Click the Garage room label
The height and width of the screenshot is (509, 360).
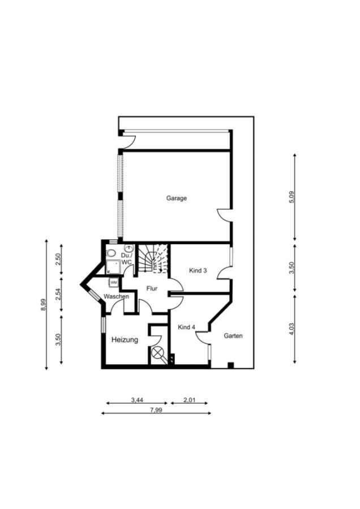click(177, 198)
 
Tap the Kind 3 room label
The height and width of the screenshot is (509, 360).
click(198, 270)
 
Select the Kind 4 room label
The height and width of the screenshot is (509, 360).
click(186, 327)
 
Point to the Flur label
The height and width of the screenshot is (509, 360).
click(152, 288)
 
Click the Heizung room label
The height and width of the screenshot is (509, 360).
click(125, 340)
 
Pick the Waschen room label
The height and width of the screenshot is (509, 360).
click(116, 296)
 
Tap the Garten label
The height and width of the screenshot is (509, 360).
click(233, 335)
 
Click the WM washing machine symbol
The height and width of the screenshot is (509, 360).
click(114, 282)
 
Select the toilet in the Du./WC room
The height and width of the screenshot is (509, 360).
click(111, 253)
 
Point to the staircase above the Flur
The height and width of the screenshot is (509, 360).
click(153, 258)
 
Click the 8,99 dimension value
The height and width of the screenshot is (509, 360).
click(43, 304)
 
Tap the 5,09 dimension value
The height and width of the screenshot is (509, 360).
click(292, 197)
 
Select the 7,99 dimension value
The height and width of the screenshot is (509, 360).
click(156, 409)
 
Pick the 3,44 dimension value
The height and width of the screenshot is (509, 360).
click(137, 400)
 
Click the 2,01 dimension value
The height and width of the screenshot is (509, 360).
click(190, 400)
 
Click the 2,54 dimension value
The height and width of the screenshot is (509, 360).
click(58, 295)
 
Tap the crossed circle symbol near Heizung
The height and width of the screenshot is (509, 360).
click(157, 352)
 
